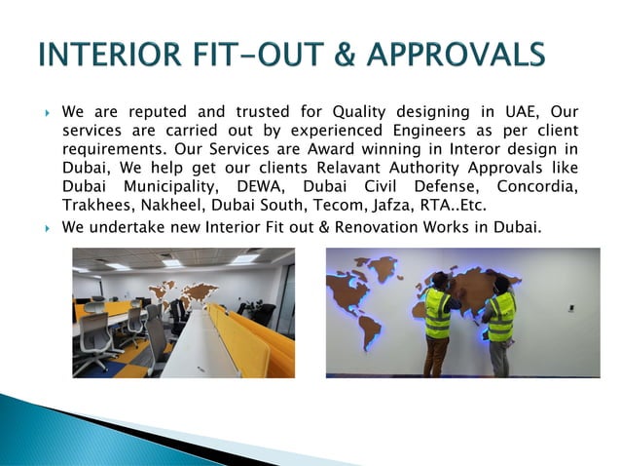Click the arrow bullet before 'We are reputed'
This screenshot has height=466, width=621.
point(47,113)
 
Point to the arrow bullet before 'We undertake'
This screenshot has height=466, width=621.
point(47,228)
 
